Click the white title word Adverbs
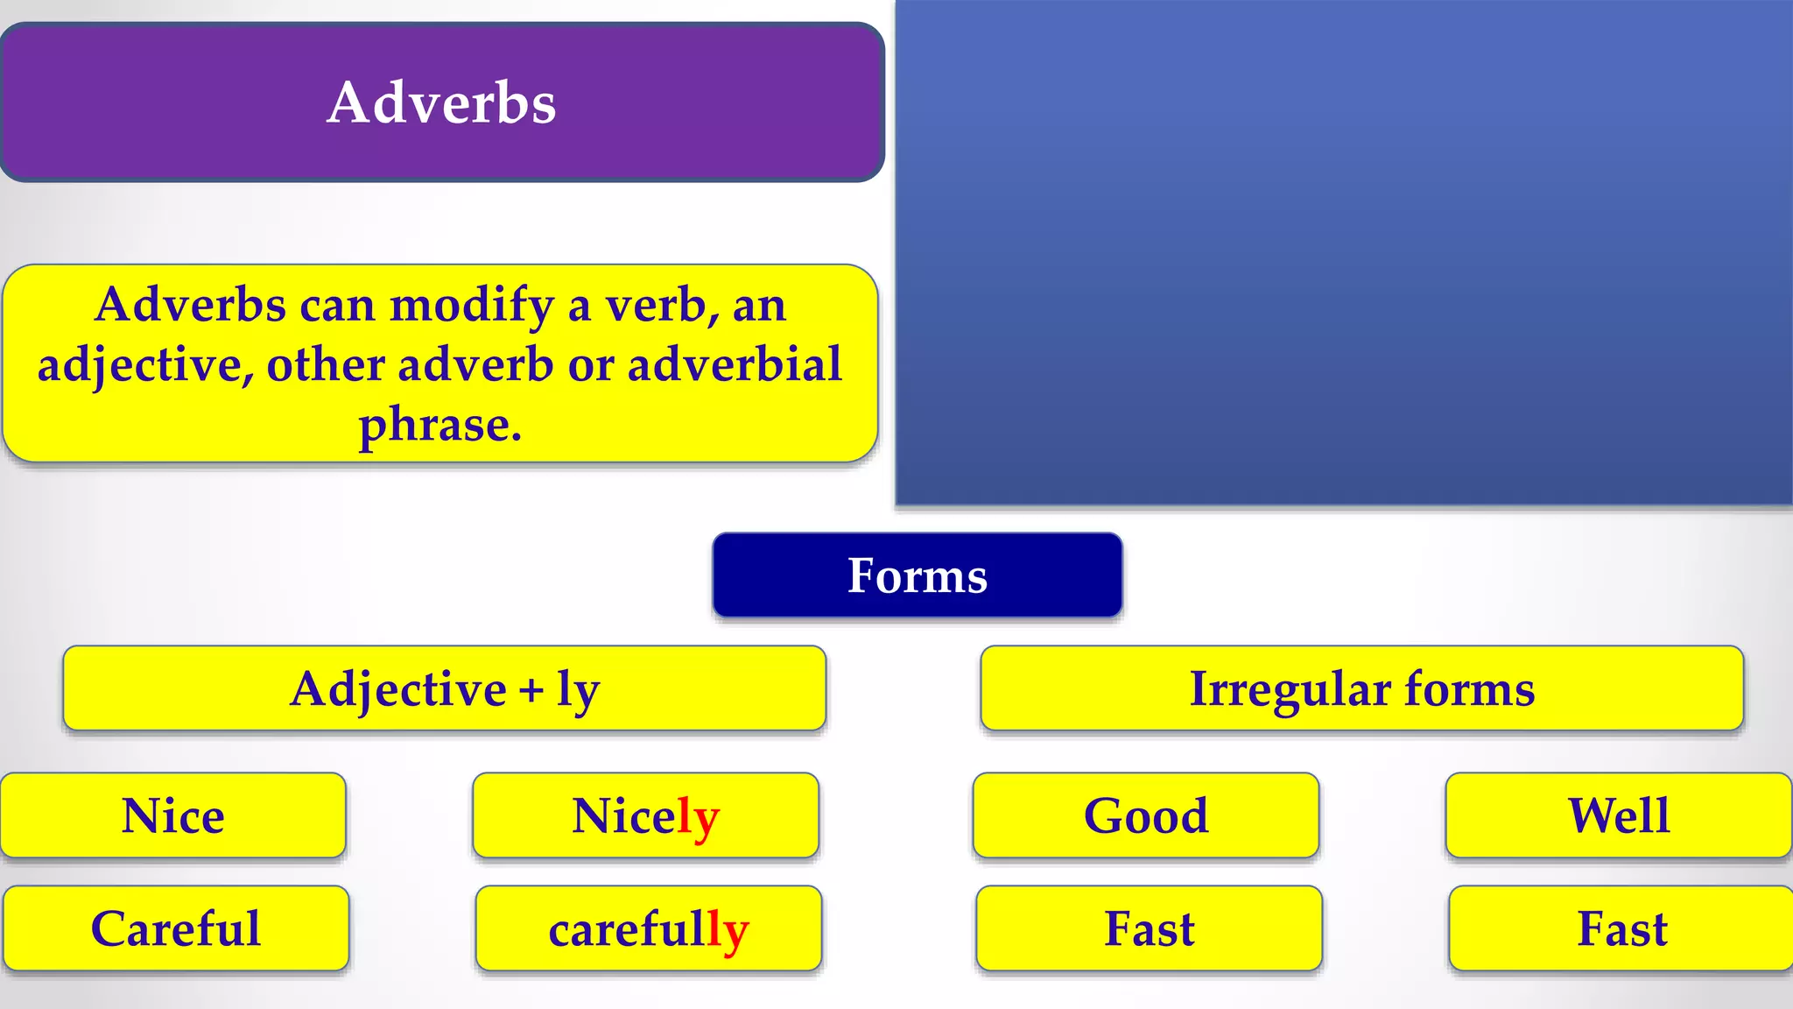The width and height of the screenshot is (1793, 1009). (x=441, y=103)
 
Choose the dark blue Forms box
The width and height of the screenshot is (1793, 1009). (x=917, y=575)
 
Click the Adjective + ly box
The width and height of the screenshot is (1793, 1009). (x=444, y=688)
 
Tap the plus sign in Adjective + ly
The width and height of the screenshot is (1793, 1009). (x=531, y=690)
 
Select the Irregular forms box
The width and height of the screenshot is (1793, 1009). (x=1361, y=688)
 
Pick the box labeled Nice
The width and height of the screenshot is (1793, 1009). (x=173, y=815)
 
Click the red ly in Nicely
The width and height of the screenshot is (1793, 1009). (x=698, y=817)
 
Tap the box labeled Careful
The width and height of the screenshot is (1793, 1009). (x=176, y=928)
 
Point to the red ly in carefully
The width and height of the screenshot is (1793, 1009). (x=728, y=930)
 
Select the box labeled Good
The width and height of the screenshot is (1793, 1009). (x=1146, y=815)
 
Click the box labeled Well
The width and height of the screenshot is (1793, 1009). (x=1618, y=815)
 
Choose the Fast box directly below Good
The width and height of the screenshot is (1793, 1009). (x=1149, y=928)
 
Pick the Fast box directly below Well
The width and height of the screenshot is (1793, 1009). (x=1621, y=928)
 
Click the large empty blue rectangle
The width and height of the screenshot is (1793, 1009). (x=1344, y=254)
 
